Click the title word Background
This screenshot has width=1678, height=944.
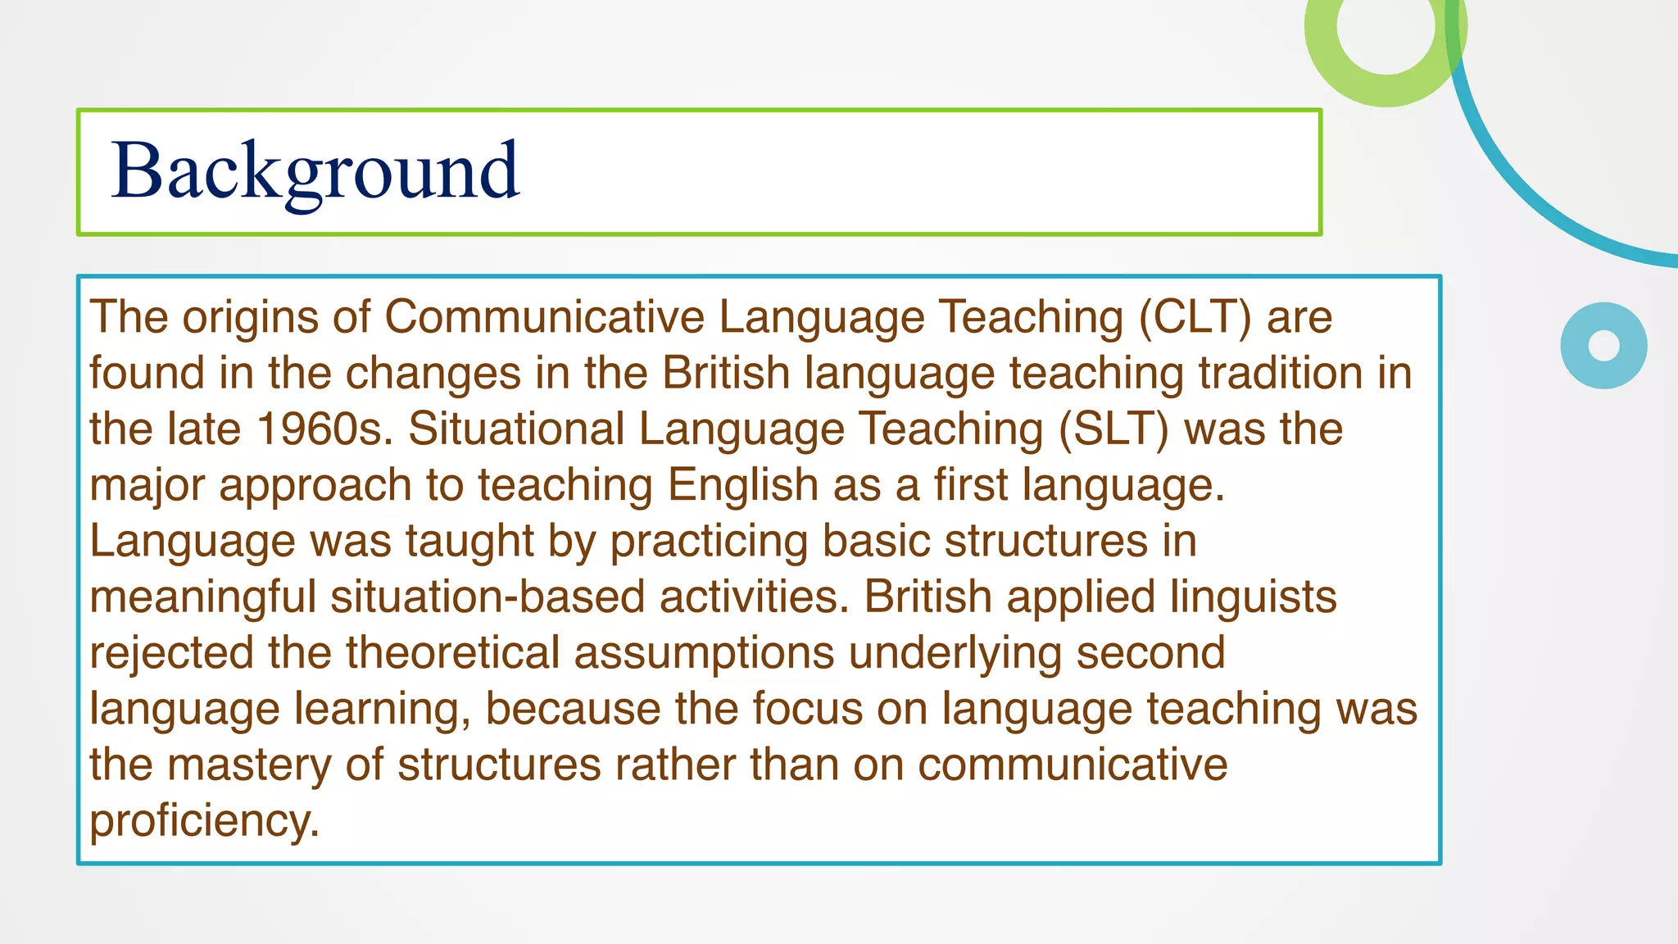pyautogui.click(x=315, y=171)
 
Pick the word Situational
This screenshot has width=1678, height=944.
pyautogui.click(x=516, y=429)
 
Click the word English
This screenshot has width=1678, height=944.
pyautogui.click(x=742, y=485)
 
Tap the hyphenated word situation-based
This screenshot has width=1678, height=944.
pyautogui.click(x=488, y=597)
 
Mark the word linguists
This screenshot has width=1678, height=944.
pyautogui.click(x=1253, y=597)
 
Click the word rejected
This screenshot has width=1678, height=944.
pyautogui.click(x=171, y=653)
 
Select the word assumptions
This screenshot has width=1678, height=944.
pyautogui.click(x=704, y=653)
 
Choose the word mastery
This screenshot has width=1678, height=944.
pyautogui.click(x=249, y=765)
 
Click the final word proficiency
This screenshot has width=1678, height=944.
pyautogui.click(x=204, y=821)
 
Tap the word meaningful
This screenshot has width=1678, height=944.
pyautogui.click(x=202, y=597)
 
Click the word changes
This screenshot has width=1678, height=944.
pyautogui.click(x=433, y=374)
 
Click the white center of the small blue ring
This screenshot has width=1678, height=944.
pyautogui.click(x=1603, y=345)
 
